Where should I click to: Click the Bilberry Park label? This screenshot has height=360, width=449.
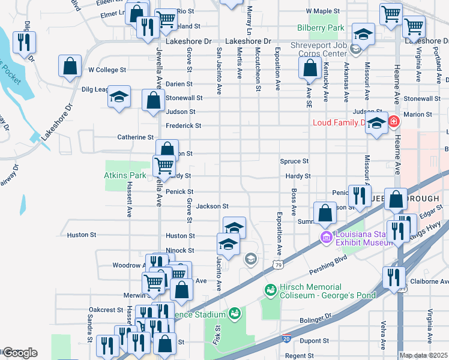pyautogui.click(x=320, y=28)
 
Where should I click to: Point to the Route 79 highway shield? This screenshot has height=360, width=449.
pyautogui.click(x=277, y=264)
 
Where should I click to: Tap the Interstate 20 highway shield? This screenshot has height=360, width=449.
pyautogui.click(x=288, y=339)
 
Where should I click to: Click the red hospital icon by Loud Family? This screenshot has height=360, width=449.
pyautogui.click(x=393, y=122)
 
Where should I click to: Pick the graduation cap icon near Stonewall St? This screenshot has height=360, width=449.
pyautogui.click(x=119, y=97)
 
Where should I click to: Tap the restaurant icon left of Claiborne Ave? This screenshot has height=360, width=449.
pyautogui.click(x=393, y=277)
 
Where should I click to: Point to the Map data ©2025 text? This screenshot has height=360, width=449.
pyautogui.click(x=423, y=355)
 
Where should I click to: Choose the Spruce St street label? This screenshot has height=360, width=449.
pyautogui.click(x=294, y=161)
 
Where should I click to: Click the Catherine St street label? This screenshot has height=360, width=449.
pyautogui.click(x=135, y=137)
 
